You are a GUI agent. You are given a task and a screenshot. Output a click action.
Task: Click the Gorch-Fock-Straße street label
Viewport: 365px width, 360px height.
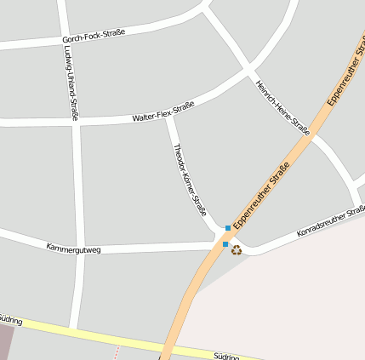coord(94,37)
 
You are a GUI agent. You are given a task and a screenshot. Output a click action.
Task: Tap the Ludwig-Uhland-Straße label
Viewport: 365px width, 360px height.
coord(71,83)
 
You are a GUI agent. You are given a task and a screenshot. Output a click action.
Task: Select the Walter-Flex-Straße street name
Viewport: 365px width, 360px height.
coord(163,111)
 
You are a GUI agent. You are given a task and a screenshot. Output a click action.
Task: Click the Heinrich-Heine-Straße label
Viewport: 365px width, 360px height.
coord(282,107)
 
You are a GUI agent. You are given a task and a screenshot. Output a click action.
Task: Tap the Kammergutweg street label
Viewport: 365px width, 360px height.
coord(74,249)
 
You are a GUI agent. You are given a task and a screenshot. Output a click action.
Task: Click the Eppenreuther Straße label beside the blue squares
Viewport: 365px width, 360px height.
coord(261,195)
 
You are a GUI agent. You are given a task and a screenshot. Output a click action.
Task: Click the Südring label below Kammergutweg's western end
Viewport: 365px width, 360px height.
coord(10,319)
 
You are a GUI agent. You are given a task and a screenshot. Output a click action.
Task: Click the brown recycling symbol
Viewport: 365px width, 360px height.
coord(237,249)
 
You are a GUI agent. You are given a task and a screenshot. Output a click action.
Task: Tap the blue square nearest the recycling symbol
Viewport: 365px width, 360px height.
coord(225,244)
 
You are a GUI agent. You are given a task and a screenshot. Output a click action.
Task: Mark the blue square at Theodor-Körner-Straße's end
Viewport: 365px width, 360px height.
coord(228,228)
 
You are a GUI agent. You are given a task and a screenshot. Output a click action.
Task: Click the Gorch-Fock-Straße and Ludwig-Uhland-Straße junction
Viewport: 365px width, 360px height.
coord(64,40)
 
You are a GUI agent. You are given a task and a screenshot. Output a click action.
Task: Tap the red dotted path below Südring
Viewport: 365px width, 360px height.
coord(117,352)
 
